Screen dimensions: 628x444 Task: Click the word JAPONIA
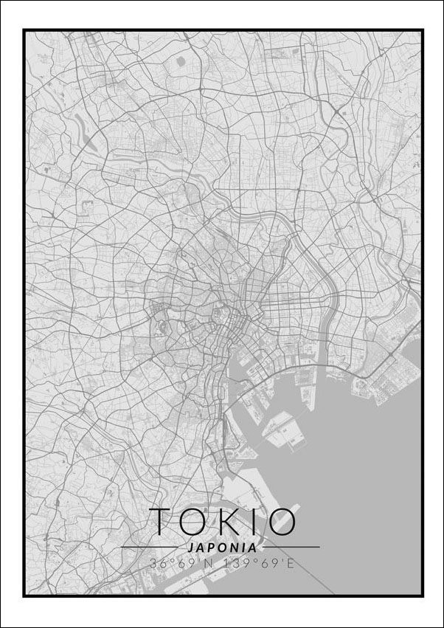click(x=222, y=548)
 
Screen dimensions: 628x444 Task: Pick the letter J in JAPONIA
click(x=191, y=548)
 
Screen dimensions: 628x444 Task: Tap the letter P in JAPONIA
click(x=211, y=548)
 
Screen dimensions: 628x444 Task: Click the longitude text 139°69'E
click(x=261, y=565)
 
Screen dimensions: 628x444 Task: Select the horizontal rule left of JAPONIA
click(x=152, y=548)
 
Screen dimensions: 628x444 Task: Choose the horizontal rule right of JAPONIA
click(x=291, y=548)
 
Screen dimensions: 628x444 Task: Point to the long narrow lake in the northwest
click(x=89, y=140)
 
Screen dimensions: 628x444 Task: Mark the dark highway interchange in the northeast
click(x=336, y=111)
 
